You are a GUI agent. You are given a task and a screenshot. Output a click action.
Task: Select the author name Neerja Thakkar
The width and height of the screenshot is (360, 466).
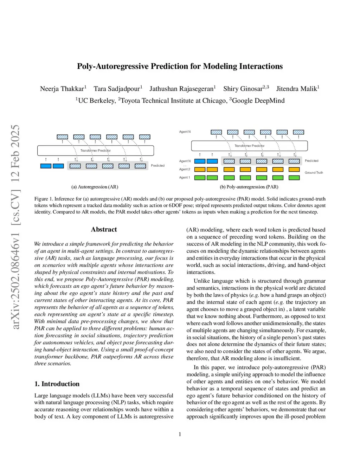click(x=62, y=89)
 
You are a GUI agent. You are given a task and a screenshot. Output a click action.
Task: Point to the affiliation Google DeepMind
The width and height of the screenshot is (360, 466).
click(x=258, y=101)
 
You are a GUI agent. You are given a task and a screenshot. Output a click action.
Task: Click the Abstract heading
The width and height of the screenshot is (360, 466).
click(x=104, y=230)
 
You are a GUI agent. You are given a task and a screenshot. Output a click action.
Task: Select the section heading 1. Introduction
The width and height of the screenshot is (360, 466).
click(x=57, y=384)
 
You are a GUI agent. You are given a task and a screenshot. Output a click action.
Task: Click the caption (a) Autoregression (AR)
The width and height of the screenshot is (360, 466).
click(x=95, y=187)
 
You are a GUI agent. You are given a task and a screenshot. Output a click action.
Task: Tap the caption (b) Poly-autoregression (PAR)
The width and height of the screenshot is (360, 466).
click(x=249, y=187)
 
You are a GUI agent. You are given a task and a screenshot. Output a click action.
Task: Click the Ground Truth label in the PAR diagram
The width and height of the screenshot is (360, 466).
click(x=314, y=173)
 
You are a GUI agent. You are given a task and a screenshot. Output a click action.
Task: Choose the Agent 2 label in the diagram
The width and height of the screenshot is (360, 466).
click(x=185, y=170)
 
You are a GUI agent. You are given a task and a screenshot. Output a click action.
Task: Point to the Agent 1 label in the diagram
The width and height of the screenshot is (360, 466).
click(x=185, y=178)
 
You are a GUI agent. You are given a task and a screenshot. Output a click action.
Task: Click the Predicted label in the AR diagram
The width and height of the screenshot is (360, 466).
click(x=157, y=166)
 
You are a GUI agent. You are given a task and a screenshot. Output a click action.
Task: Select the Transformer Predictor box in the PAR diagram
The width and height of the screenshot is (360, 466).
click(x=249, y=146)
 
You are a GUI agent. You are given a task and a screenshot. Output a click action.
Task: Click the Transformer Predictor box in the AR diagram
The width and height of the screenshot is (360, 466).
click(x=95, y=151)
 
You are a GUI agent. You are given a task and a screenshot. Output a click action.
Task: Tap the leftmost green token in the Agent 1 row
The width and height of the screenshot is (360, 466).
click(x=200, y=178)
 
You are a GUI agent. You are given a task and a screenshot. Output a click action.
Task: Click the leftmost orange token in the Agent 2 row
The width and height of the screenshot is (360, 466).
click(x=200, y=170)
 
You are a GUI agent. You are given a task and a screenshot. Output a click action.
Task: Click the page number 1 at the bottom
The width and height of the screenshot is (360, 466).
click(x=180, y=435)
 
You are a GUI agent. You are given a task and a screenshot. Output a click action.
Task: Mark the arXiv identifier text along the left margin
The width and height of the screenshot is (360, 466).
click(x=15, y=227)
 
